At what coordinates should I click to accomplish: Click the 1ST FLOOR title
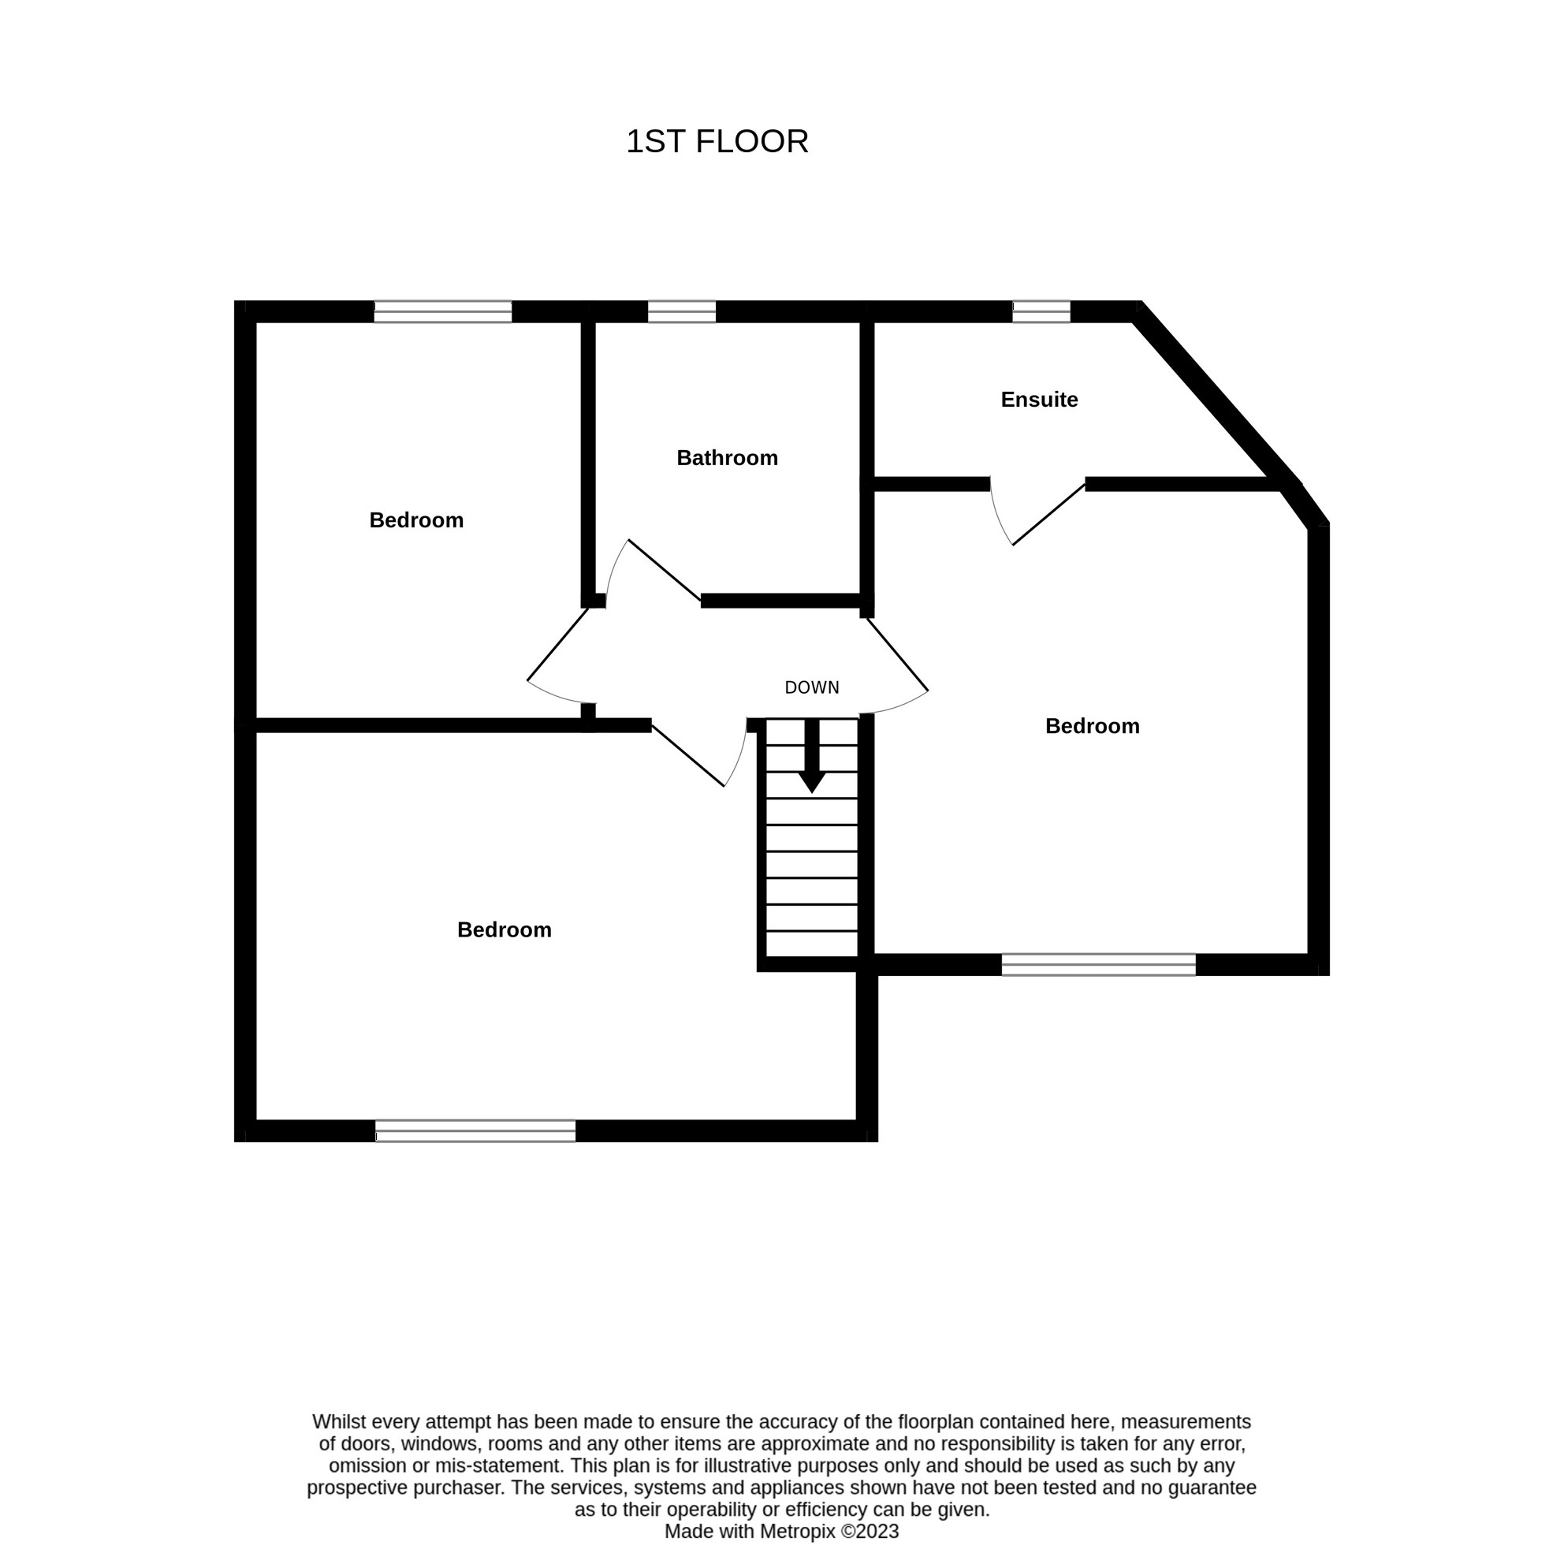coord(717,142)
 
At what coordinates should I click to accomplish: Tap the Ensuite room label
coord(1040,399)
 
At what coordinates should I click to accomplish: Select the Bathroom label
coord(727,458)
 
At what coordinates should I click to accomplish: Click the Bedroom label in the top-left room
coord(416,519)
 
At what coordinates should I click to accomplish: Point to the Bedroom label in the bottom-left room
coord(505,929)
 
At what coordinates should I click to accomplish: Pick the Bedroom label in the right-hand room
coord(1092,726)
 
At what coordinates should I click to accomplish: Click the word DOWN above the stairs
coord(812,687)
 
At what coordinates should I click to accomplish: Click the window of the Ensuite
coord(1041,311)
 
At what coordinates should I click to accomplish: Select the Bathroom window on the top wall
coord(682,311)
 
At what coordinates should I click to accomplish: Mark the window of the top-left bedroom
coord(443,311)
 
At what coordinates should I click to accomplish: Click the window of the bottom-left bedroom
coord(475,1131)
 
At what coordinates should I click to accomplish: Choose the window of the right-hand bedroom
coord(1099,964)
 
